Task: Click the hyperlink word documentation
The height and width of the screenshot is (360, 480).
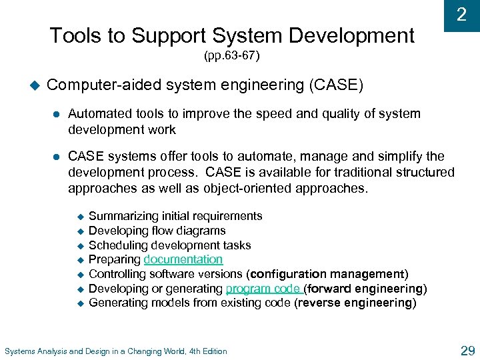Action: pos(183,259)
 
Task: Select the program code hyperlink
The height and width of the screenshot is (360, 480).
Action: pos(265,289)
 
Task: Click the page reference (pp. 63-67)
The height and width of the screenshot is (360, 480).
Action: pos(231,57)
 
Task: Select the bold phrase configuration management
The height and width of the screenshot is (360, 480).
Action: pos(327,274)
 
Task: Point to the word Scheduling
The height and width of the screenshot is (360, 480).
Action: pos(115,245)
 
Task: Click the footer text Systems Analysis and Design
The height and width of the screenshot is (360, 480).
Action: pos(116,351)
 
